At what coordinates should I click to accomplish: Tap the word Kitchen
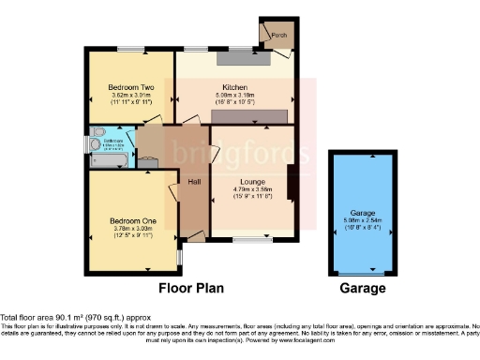pos(233,85)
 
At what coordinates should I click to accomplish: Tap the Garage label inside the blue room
pos(362,214)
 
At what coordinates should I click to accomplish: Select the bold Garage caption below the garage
pos(362,288)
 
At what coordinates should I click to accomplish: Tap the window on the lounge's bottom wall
pos(247,240)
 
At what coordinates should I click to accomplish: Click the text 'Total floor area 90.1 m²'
pos(56,317)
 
